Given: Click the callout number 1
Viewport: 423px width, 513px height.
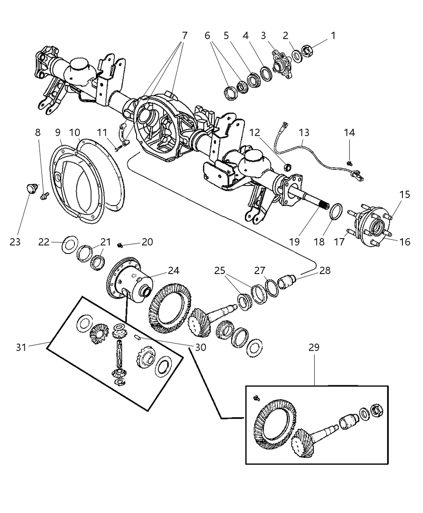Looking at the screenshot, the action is pyautogui.click(x=333, y=36).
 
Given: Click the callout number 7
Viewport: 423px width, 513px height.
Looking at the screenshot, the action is pyautogui.click(x=185, y=36).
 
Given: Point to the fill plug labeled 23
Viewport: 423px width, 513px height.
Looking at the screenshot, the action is pyautogui.click(x=30, y=189).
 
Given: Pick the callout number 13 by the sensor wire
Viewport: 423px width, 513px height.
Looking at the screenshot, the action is pyautogui.click(x=304, y=133).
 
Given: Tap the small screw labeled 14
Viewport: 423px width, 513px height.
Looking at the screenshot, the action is pyautogui.click(x=351, y=163).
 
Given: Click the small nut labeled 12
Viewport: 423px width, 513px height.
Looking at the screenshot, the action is pyautogui.click(x=288, y=167).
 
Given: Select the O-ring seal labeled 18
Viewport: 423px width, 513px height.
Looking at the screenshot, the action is pyautogui.click(x=334, y=212).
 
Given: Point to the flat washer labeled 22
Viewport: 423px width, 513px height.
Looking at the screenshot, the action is pyautogui.click(x=70, y=245).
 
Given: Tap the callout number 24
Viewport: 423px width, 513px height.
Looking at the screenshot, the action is pyautogui.click(x=173, y=271).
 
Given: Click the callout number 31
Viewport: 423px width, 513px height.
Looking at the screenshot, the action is pyautogui.click(x=21, y=348).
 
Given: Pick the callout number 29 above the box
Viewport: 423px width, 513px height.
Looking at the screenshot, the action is pyautogui.click(x=314, y=348).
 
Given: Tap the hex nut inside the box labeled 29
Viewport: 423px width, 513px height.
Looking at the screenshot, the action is pyautogui.click(x=377, y=410).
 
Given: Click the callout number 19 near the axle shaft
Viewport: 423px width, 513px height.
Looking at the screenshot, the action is pyautogui.click(x=295, y=242).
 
